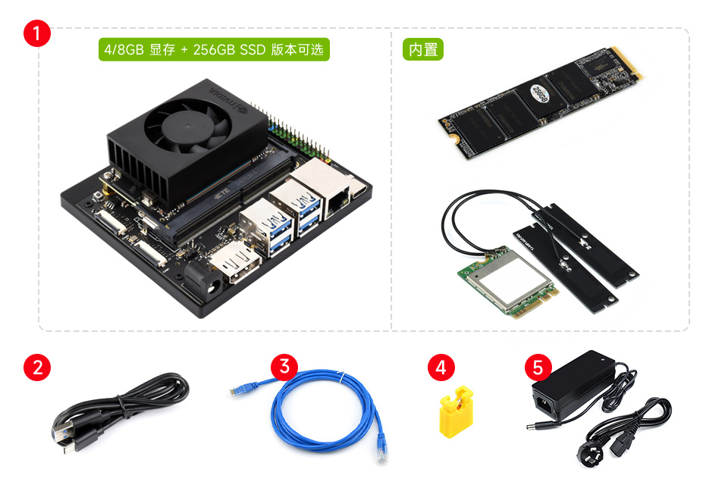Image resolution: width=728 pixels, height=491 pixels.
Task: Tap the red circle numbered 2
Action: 38,367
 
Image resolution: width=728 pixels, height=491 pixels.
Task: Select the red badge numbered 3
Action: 284,367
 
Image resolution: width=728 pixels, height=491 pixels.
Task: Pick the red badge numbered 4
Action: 441,368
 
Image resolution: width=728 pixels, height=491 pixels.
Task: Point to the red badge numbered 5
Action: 538,368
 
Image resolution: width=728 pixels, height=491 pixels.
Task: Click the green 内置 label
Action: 422,50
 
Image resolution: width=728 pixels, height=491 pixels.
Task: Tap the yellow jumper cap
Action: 456,413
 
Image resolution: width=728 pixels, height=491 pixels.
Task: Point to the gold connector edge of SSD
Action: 631,64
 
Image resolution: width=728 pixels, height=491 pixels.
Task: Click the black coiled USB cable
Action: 121,413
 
